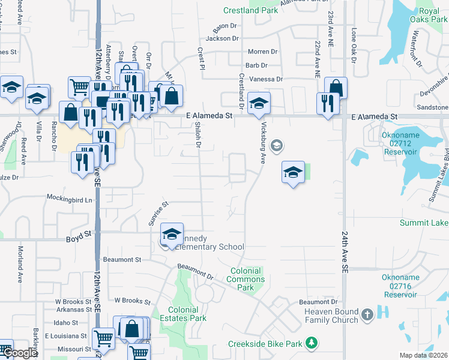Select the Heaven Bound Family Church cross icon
pos(367,314)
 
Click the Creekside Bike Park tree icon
pos(311,343)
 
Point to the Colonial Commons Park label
pos(246,279)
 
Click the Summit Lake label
pos(424,223)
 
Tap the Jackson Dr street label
pos(222,38)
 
